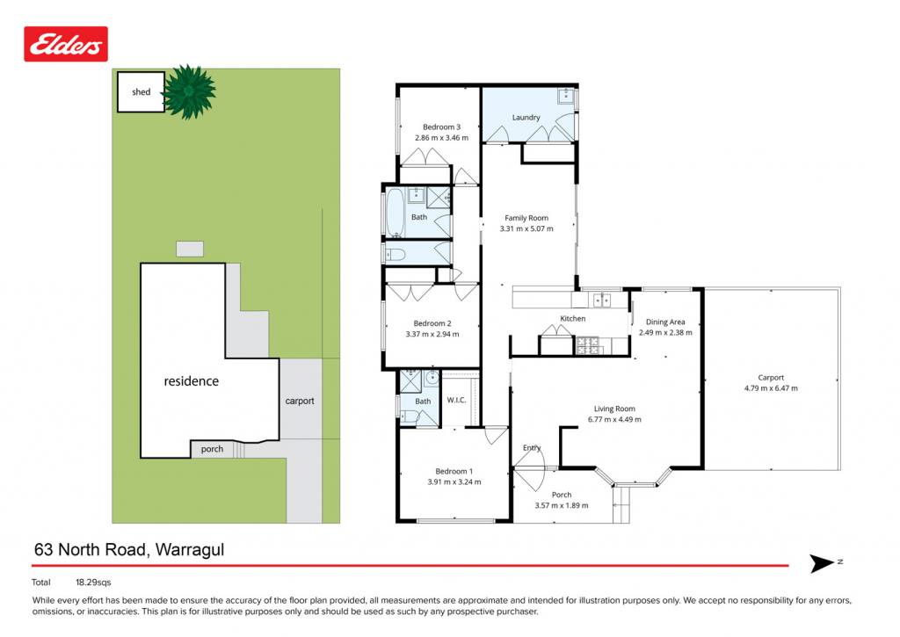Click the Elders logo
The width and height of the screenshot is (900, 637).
coord(66,44)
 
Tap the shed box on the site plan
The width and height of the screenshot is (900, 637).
coord(142,92)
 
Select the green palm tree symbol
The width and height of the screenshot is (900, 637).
coord(189,92)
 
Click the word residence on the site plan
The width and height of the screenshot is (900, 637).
coord(191,381)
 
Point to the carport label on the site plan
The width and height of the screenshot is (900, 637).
coord(300,402)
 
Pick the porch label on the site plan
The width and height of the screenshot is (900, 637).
coord(212,449)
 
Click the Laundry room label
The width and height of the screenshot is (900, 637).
coord(526,117)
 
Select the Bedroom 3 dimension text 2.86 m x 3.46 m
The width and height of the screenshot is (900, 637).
coord(441,138)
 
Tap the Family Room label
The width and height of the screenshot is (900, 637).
coord(526,218)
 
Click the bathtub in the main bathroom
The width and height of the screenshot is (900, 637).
coord(395,212)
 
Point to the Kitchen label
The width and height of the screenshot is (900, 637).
coord(573,318)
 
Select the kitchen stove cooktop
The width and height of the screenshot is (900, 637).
coord(587,344)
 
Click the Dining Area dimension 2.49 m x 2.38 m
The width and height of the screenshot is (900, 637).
coord(665,333)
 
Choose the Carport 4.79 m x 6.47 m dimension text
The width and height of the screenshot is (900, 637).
coord(771,388)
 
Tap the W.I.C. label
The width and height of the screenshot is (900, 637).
coord(456,400)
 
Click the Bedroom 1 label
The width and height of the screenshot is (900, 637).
coord(454,471)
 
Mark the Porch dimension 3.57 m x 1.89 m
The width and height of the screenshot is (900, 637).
coord(562,505)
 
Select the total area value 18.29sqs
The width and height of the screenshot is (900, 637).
coord(93,583)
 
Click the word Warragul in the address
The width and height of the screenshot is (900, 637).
coord(190,550)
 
